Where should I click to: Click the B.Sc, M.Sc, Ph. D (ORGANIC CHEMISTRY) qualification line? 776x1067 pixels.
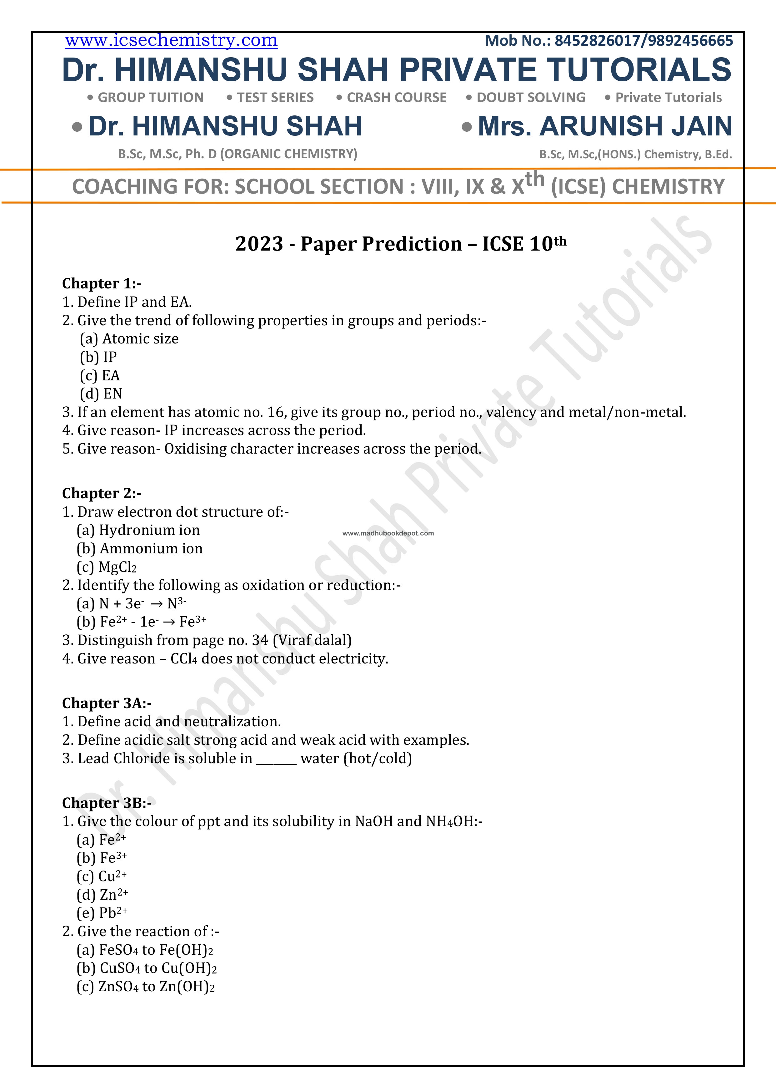(x=237, y=154)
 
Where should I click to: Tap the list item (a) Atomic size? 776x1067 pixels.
(x=129, y=339)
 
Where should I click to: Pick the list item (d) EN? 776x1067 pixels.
(x=101, y=394)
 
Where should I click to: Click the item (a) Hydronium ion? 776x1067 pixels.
(x=138, y=530)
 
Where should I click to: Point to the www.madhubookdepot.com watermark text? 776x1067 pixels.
(x=388, y=533)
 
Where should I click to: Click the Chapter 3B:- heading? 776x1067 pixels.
(x=107, y=803)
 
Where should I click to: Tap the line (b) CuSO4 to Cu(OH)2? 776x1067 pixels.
(x=147, y=968)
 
